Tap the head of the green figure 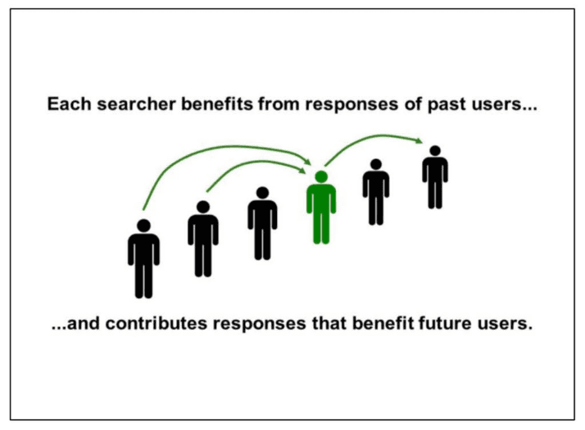[x=321, y=176]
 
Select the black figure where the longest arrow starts [x=143, y=258]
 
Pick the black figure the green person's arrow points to [x=435, y=176]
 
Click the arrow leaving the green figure [x=369, y=141]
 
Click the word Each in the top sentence [x=65, y=106]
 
